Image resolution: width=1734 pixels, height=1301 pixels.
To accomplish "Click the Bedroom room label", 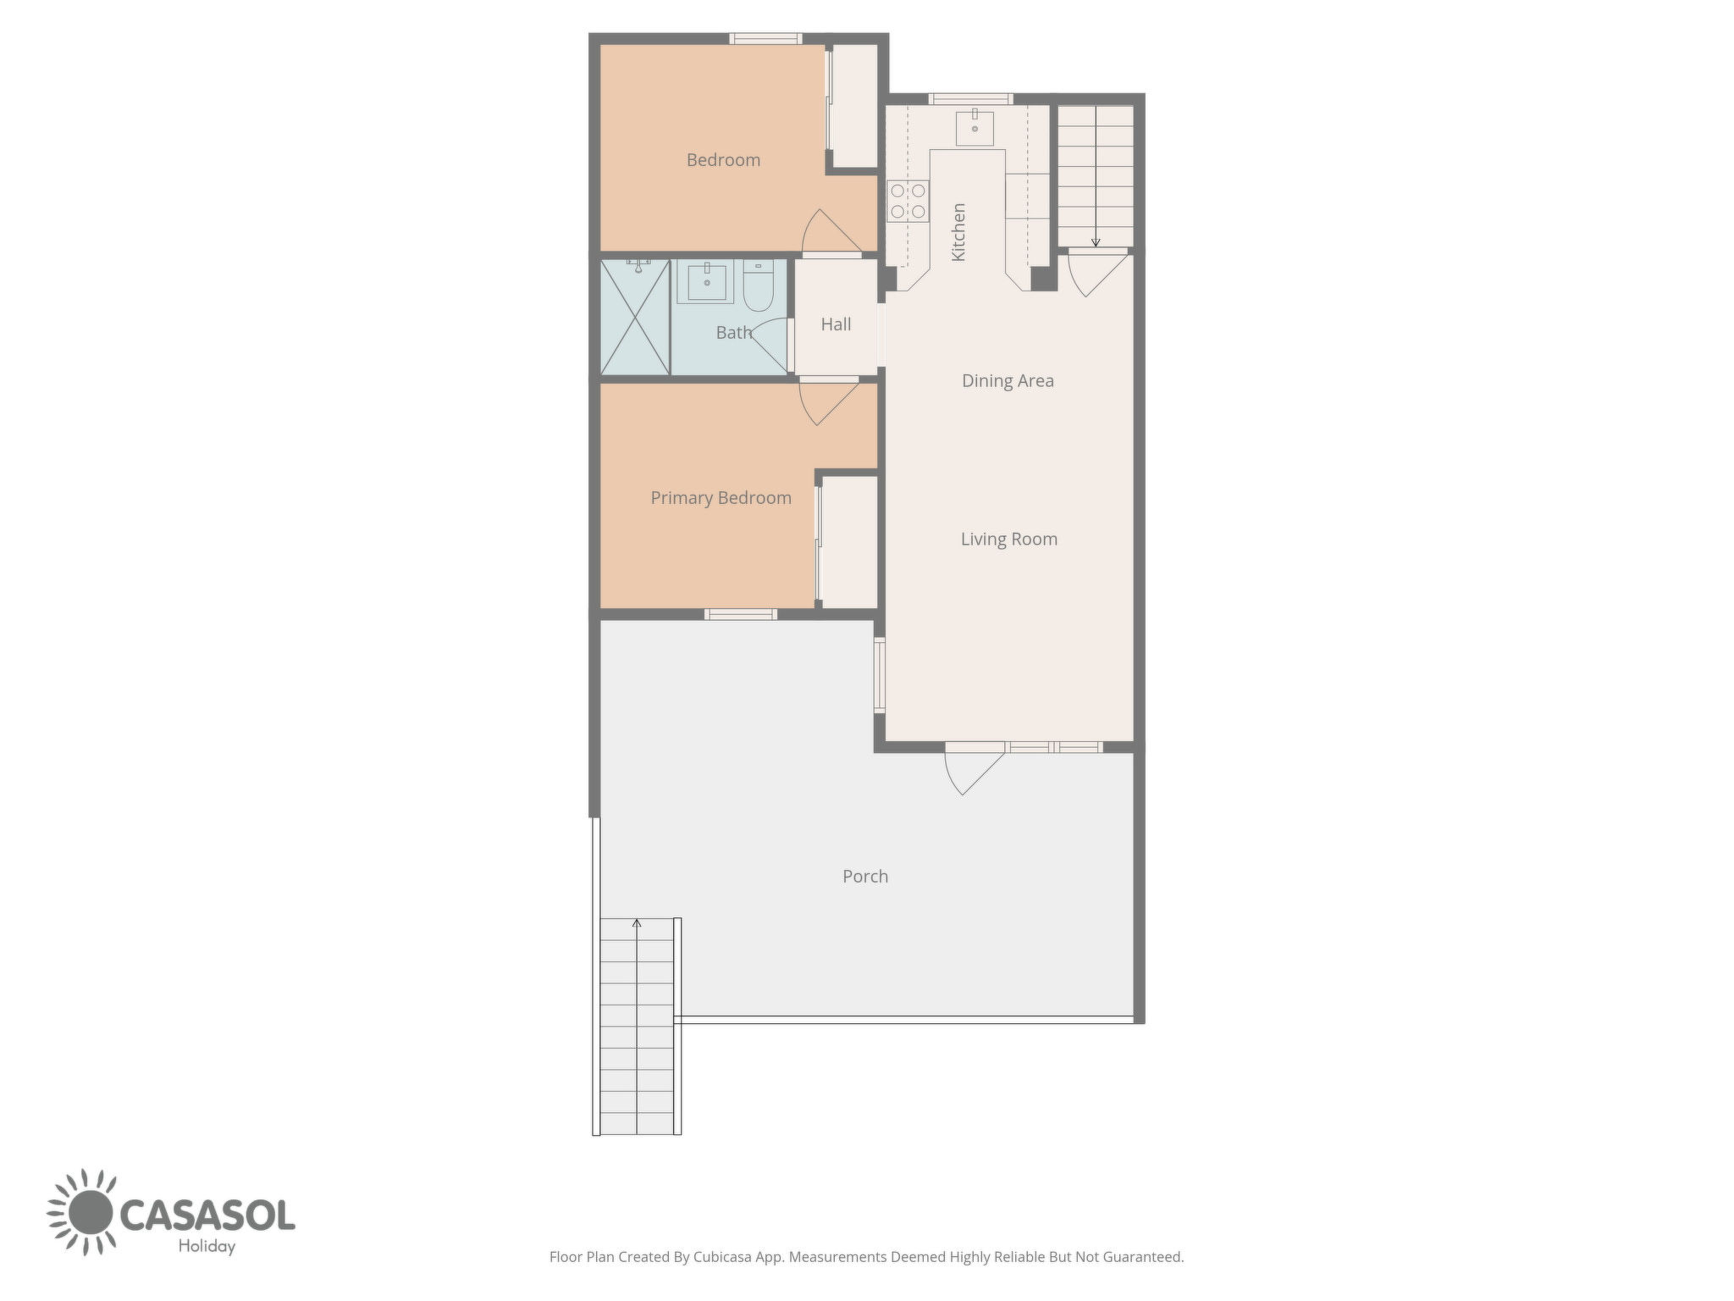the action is (723, 160).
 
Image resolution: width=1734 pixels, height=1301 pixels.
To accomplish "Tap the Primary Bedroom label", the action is (721, 498).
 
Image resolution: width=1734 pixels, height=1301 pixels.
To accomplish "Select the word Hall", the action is (836, 324).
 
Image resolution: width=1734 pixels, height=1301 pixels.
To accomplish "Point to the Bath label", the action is (733, 332).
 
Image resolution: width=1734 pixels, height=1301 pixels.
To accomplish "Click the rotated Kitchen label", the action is (958, 232).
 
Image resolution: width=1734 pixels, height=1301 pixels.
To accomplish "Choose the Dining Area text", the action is (1008, 381).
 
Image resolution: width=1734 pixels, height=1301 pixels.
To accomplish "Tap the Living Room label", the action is (1008, 540).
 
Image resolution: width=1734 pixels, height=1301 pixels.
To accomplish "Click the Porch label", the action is (865, 877).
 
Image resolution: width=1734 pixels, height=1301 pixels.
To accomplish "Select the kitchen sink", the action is (975, 128).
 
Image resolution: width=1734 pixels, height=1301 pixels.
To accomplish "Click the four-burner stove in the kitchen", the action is (908, 202).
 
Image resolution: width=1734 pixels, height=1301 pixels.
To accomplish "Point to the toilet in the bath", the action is (759, 286).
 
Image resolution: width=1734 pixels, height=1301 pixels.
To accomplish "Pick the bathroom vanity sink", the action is (706, 282).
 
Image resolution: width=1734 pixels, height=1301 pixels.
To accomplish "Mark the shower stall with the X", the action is (635, 318).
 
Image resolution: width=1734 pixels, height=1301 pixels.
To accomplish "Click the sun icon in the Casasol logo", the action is (90, 1212).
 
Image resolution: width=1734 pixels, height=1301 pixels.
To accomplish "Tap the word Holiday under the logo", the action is (207, 1246).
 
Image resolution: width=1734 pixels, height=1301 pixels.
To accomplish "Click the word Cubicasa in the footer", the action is (723, 1257).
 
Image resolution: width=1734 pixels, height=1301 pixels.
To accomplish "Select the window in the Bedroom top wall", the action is (765, 38).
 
